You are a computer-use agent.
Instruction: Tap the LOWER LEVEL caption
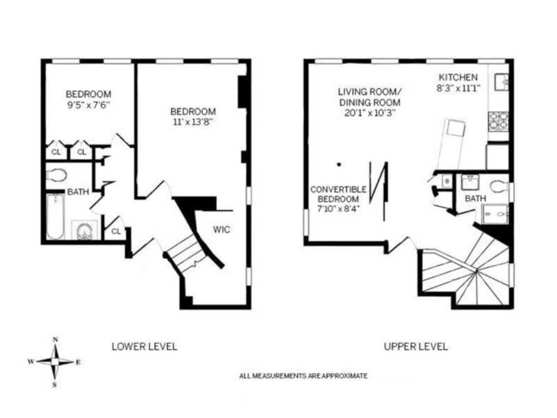pyautogui.click(x=144, y=346)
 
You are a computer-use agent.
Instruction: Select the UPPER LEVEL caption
pyautogui.click(x=415, y=346)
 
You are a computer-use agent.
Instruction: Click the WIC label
pyautogui.click(x=221, y=229)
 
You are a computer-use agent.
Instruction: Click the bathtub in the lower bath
pyautogui.click(x=55, y=216)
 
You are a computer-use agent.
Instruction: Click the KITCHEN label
pyautogui.click(x=457, y=77)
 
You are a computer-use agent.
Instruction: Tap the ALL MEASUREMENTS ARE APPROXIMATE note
pyautogui.click(x=303, y=376)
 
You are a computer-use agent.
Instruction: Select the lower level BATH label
pyautogui.click(x=78, y=192)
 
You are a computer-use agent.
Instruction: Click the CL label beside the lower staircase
pyautogui.click(x=117, y=231)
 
